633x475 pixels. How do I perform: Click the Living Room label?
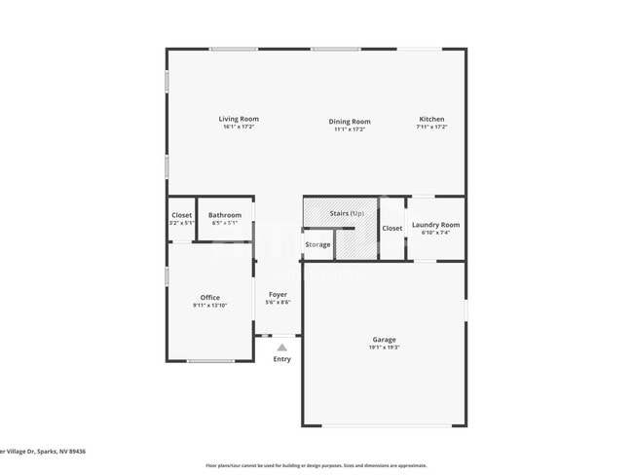click(x=239, y=120)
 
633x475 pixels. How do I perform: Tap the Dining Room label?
click(x=349, y=122)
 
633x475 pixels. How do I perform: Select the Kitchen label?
click(x=431, y=120)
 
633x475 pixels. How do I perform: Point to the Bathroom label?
click(x=225, y=215)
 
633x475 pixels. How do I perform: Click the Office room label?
click(x=210, y=298)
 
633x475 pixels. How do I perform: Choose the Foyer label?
click(x=278, y=294)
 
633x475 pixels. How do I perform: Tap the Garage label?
click(x=384, y=340)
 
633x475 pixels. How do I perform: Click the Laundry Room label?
click(x=435, y=225)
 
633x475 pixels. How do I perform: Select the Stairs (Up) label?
click(x=348, y=212)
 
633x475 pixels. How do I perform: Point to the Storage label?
click(x=317, y=244)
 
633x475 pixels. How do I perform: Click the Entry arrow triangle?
click(x=281, y=347)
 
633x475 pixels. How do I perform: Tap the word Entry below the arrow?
click(x=281, y=359)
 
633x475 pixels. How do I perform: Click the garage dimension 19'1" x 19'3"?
click(x=384, y=347)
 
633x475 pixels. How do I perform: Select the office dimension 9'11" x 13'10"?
click(x=210, y=306)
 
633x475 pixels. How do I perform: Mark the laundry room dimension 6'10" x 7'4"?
click(x=435, y=233)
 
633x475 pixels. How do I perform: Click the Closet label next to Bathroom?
click(x=182, y=215)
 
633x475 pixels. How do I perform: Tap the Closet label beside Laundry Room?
click(x=391, y=229)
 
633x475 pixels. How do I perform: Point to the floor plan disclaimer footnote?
click(x=316, y=465)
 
